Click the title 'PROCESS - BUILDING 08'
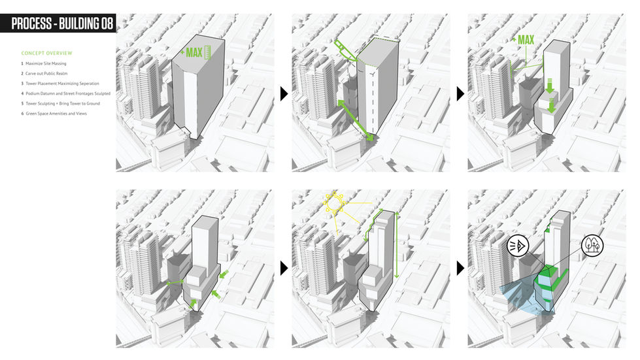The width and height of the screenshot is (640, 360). [62, 24]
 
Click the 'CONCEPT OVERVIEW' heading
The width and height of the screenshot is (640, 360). [46, 53]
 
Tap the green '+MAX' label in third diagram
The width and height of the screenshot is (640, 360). [523, 40]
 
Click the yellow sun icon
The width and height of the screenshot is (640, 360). [335, 203]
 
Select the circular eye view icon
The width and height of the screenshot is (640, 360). [518, 246]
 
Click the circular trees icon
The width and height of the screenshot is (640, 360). [592, 246]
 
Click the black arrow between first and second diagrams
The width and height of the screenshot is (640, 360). [284, 94]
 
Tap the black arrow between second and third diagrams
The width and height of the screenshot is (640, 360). [460, 94]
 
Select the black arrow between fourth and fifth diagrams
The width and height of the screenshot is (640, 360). [284, 268]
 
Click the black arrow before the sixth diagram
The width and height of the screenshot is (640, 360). [460, 268]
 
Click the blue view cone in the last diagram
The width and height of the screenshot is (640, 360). [520, 295]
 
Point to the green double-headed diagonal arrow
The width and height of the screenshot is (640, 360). [356, 121]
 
